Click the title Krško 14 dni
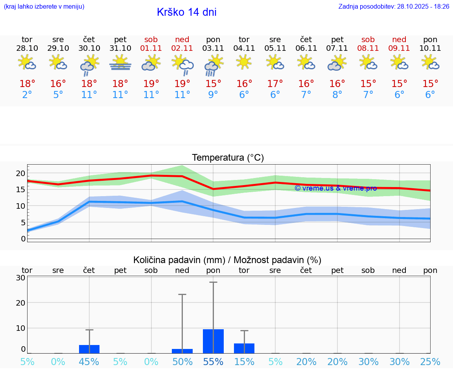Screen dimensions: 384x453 186,12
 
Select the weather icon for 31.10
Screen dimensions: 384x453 120,63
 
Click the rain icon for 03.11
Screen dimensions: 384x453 213,65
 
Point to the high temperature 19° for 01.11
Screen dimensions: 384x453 151,83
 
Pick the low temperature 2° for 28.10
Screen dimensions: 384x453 27,95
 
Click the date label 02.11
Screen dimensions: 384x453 182,48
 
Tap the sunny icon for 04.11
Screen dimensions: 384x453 244,62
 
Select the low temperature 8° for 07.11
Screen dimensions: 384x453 337,95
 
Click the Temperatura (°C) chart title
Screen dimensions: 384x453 228,158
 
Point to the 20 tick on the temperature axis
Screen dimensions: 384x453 20,174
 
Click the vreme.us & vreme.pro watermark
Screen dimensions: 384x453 335,188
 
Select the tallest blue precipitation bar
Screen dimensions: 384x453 213,341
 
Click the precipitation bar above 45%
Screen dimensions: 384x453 89,349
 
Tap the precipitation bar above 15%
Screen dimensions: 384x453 244,348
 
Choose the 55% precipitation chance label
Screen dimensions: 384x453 213,362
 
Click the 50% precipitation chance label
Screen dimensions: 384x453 182,362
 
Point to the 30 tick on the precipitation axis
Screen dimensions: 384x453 21,278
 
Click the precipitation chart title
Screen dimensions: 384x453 227,260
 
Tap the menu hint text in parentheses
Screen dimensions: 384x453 44,7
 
